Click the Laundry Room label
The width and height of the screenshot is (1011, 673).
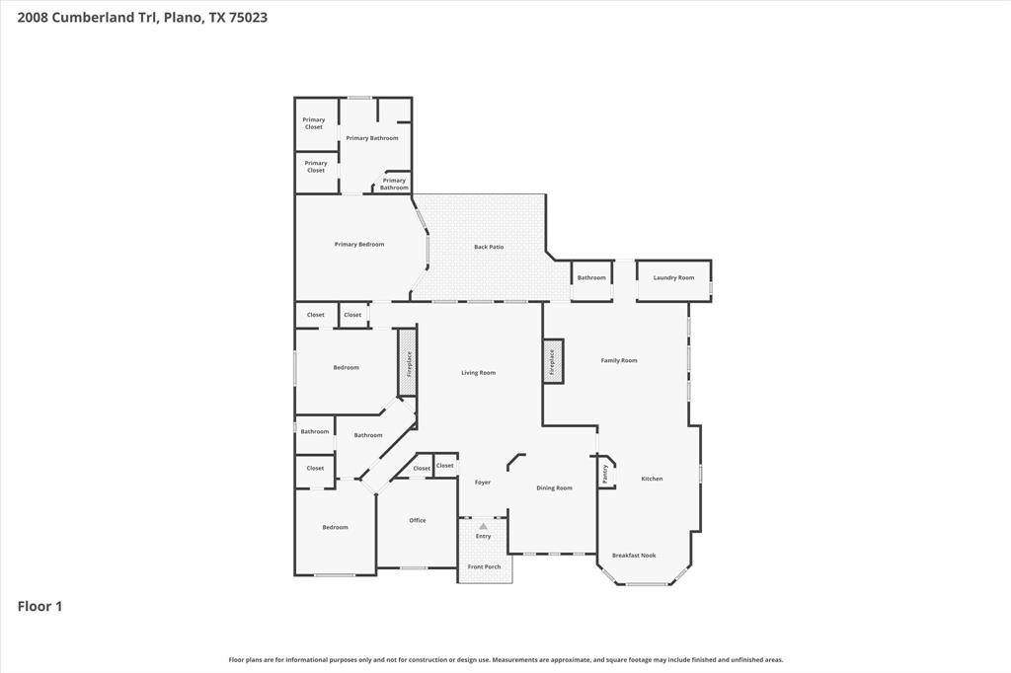coord(673,278)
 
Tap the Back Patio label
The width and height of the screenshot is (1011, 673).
coord(489,247)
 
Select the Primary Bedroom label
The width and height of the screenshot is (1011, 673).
coord(359,245)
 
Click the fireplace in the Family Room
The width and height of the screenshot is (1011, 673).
coord(553,361)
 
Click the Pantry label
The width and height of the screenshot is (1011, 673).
coord(605,474)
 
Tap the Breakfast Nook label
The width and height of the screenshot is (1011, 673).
coord(634,555)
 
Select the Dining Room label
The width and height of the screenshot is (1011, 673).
coord(555,488)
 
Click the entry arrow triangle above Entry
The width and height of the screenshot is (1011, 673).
coord(484,527)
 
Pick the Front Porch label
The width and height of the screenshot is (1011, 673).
coord(484,566)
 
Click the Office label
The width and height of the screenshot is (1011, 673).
coord(418,520)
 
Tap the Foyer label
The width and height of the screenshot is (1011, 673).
coord(483,483)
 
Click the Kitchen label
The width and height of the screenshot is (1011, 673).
coord(652,479)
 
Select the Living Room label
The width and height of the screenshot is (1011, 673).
coord(479,373)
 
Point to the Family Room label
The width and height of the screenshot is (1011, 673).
coord(619,360)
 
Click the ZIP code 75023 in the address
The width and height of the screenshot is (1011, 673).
coord(248,18)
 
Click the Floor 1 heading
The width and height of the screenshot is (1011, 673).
coord(39,606)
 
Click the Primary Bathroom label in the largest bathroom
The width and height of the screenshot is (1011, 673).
coord(372,138)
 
